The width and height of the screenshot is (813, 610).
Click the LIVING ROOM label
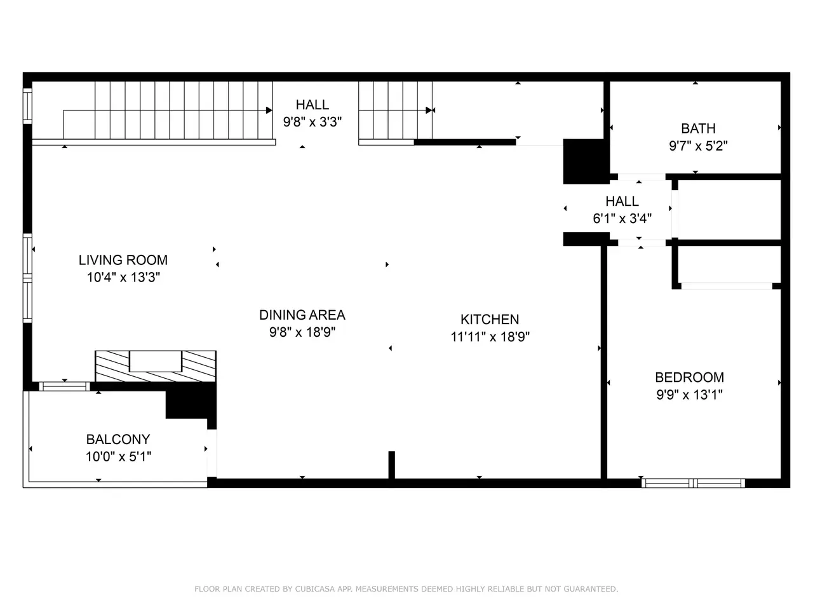123,260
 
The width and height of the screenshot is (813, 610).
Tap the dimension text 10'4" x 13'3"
123,277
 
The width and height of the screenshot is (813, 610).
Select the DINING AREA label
302,315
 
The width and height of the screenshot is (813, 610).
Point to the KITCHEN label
490,319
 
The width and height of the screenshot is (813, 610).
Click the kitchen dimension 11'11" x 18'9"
490,337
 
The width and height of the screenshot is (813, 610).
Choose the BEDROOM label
689,377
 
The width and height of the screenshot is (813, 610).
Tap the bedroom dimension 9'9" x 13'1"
689,395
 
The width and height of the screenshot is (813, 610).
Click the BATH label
698,128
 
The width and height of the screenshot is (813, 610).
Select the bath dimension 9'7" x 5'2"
698,146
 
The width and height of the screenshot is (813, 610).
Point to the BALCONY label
118,439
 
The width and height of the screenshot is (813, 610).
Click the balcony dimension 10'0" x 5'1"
119,457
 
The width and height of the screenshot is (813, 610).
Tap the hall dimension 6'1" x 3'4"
622,219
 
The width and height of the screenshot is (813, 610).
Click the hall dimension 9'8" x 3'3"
312,122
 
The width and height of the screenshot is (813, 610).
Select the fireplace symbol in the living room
156,366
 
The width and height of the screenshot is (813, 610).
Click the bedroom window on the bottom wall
693,483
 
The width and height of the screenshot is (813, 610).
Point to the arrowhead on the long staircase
269,111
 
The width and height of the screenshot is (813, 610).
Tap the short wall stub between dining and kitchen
391,465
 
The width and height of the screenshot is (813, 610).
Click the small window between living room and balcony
64,386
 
